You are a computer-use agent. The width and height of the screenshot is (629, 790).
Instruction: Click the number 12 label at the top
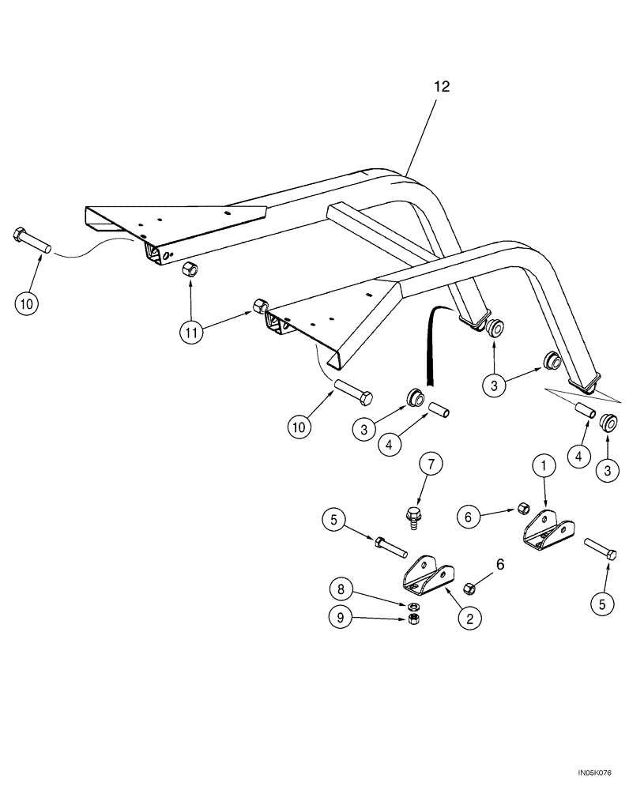[441, 87]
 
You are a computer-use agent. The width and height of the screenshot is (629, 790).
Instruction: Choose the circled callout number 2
[469, 620]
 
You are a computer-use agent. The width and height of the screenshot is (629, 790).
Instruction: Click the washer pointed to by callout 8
[412, 606]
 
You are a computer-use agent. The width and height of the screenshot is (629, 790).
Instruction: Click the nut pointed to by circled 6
[522, 507]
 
